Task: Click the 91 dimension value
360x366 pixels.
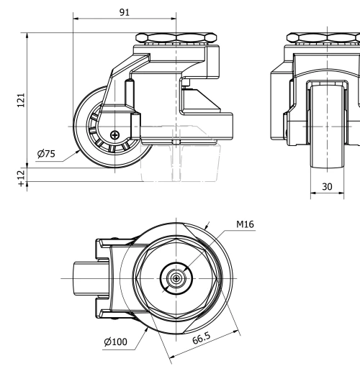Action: click(124, 14)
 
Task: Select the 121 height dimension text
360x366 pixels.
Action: click(21, 100)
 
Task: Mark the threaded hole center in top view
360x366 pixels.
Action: click(175, 279)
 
